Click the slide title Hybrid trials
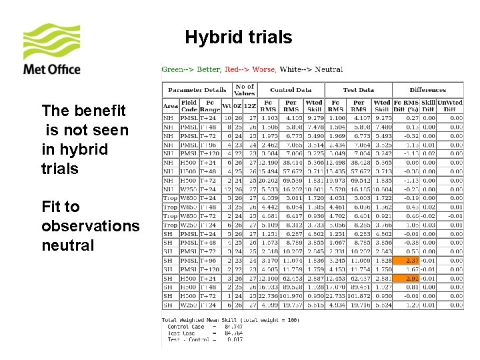(x=238, y=37)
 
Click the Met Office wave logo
(x=52, y=43)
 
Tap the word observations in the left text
(x=90, y=226)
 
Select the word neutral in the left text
(x=68, y=245)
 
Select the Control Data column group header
(x=291, y=90)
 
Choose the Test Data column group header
(x=358, y=90)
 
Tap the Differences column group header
(x=428, y=90)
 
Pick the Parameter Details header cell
(x=197, y=90)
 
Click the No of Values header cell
(x=245, y=90)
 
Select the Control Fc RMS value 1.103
(x=269, y=118)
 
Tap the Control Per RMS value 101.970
(x=291, y=296)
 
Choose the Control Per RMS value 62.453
(x=292, y=278)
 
